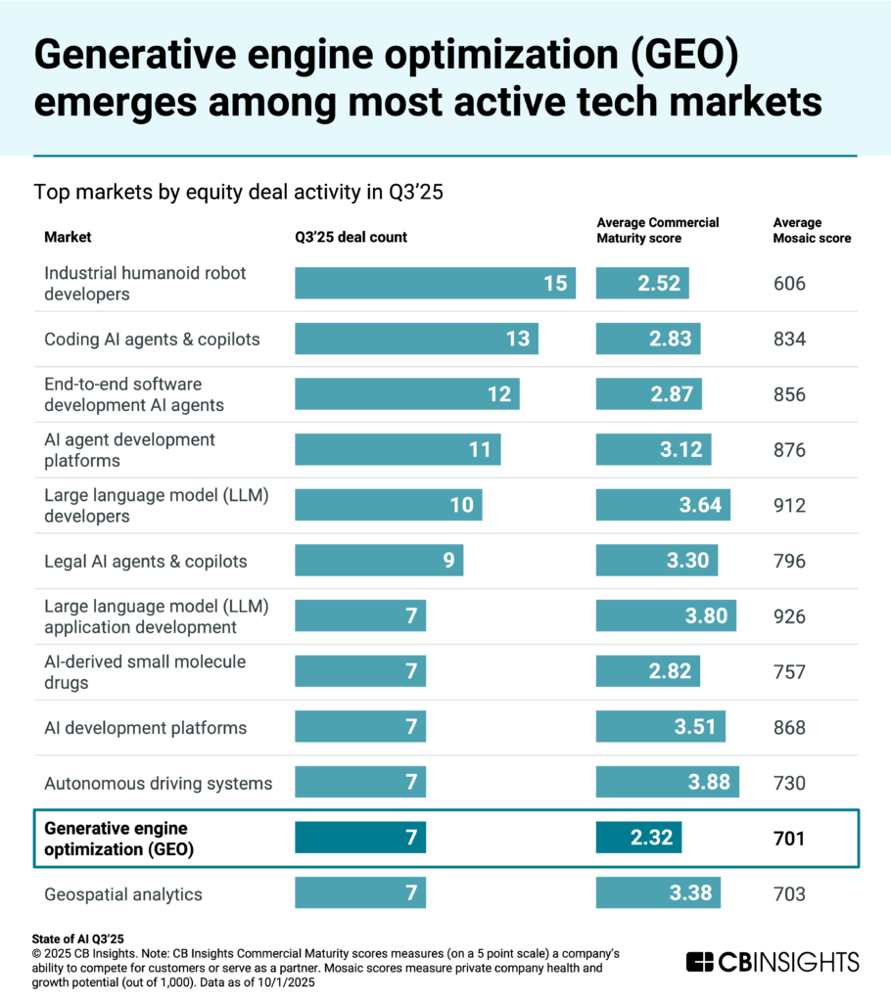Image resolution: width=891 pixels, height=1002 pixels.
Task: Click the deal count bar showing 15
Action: [x=435, y=284]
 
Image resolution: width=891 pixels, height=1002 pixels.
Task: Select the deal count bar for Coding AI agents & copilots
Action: [x=416, y=340]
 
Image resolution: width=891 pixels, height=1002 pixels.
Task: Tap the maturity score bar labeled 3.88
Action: [x=667, y=783]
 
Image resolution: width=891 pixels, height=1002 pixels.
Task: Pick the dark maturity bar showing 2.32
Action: [x=638, y=838]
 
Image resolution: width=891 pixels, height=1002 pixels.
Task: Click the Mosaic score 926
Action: [x=788, y=616]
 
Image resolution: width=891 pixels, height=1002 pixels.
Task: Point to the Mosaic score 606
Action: [x=788, y=284]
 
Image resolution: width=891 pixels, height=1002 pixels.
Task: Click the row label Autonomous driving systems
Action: [x=158, y=783]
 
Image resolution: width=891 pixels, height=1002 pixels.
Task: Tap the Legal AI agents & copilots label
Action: [x=146, y=562]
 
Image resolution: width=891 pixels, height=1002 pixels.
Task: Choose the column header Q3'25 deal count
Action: [x=351, y=237]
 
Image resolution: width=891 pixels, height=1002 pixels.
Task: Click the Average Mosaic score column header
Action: [x=812, y=230]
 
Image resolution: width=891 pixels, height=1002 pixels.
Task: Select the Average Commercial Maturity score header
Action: [x=657, y=230]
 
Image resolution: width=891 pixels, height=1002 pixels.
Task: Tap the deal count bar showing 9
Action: [x=378, y=562]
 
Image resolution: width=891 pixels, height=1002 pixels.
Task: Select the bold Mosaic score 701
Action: [x=788, y=838]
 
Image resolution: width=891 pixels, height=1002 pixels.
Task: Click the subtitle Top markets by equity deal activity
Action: [x=239, y=193]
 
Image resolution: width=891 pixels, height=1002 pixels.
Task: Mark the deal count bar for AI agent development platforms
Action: [x=398, y=450]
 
